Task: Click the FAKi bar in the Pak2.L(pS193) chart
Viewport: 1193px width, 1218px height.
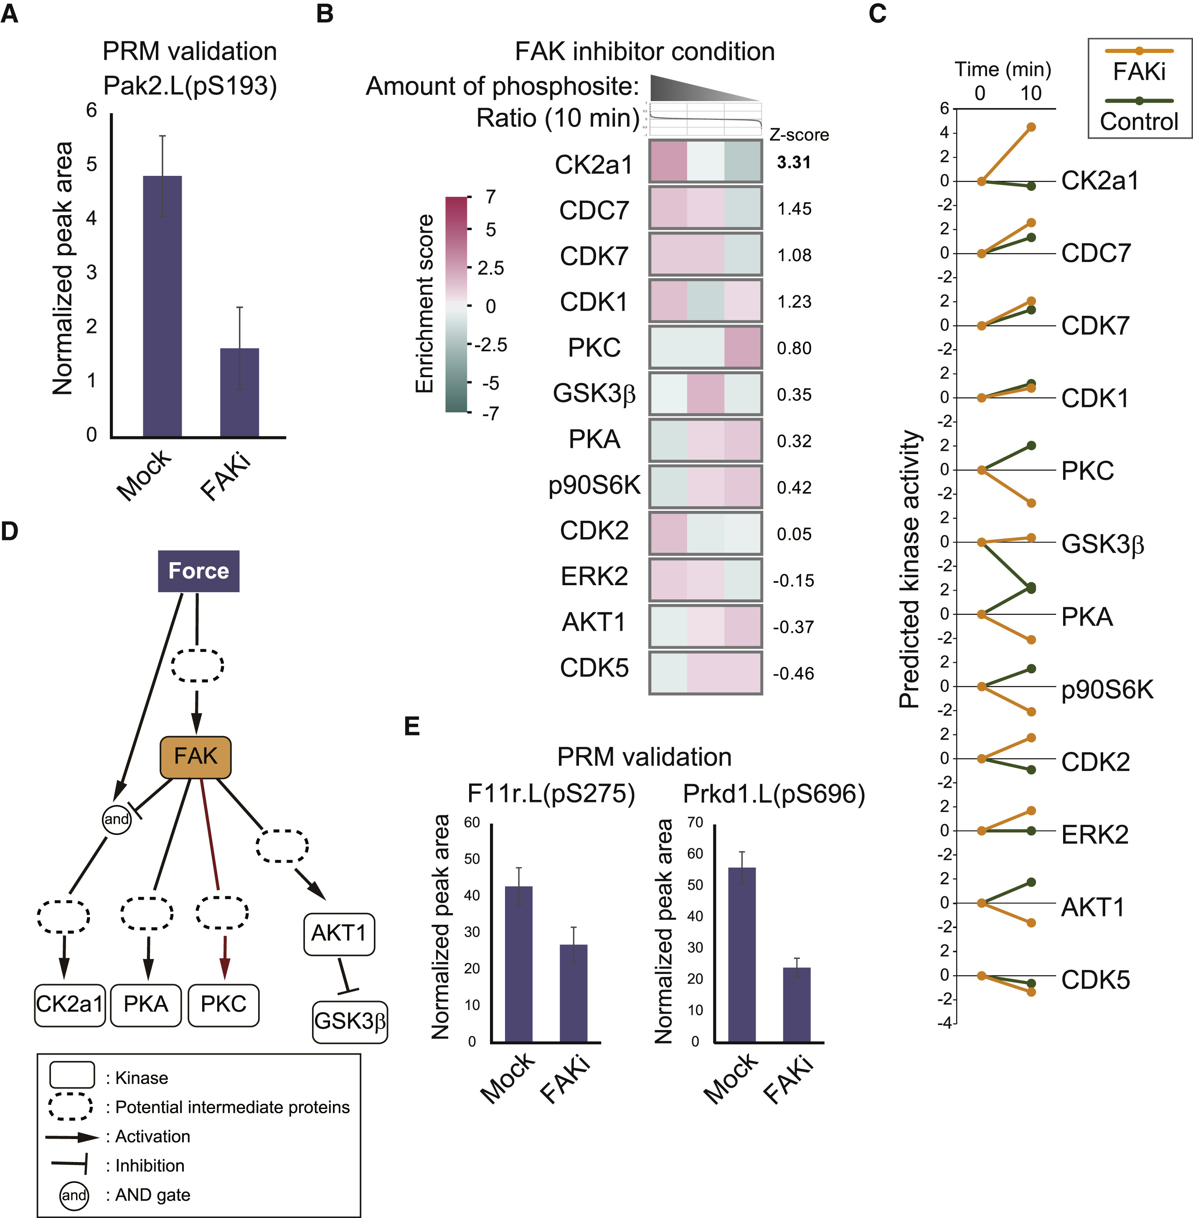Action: coord(239,392)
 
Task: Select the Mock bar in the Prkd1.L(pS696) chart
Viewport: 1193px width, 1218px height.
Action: coord(742,955)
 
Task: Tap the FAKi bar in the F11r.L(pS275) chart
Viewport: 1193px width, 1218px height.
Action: coord(573,993)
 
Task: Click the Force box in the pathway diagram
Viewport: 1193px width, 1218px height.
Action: coord(199,571)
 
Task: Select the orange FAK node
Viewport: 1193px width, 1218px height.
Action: coord(195,757)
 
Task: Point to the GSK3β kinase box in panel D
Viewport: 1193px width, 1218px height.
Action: coord(350,1021)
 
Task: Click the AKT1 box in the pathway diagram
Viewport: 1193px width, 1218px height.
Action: coord(339,934)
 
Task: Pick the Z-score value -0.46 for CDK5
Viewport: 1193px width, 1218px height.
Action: coord(793,673)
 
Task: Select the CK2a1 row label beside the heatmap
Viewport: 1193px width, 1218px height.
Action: coord(593,165)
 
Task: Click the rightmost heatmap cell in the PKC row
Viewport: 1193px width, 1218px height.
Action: coord(743,347)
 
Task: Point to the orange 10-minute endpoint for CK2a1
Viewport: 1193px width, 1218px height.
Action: coord(1031,127)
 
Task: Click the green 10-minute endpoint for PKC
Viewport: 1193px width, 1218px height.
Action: coord(1031,445)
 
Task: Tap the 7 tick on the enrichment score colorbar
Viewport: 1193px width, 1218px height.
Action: coord(490,197)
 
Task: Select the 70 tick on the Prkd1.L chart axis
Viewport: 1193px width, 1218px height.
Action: coord(695,823)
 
